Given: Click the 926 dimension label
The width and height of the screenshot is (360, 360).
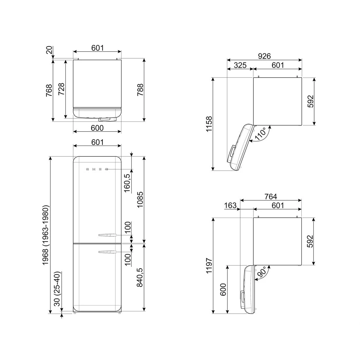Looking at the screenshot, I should (x=264, y=56).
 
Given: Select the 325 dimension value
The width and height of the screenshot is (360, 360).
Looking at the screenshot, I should (x=240, y=65).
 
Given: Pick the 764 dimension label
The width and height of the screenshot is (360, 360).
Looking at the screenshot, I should (x=271, y=196).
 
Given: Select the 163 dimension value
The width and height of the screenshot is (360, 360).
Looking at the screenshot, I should (x=230, y=206).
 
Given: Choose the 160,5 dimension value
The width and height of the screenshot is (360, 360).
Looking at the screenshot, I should (x=127, y=183).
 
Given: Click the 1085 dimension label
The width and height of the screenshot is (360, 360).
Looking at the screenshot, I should (x=140, y=200).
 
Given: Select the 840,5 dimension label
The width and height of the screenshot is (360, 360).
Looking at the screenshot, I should (x=140, y=277).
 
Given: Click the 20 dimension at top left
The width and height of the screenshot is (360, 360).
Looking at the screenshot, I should (x=49, y=50).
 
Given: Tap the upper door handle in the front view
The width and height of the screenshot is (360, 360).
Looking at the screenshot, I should (x=107, y=235).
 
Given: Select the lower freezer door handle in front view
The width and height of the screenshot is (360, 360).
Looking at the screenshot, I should (x=107, y=252).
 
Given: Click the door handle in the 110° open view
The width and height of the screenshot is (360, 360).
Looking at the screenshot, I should (x=232, y=152).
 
